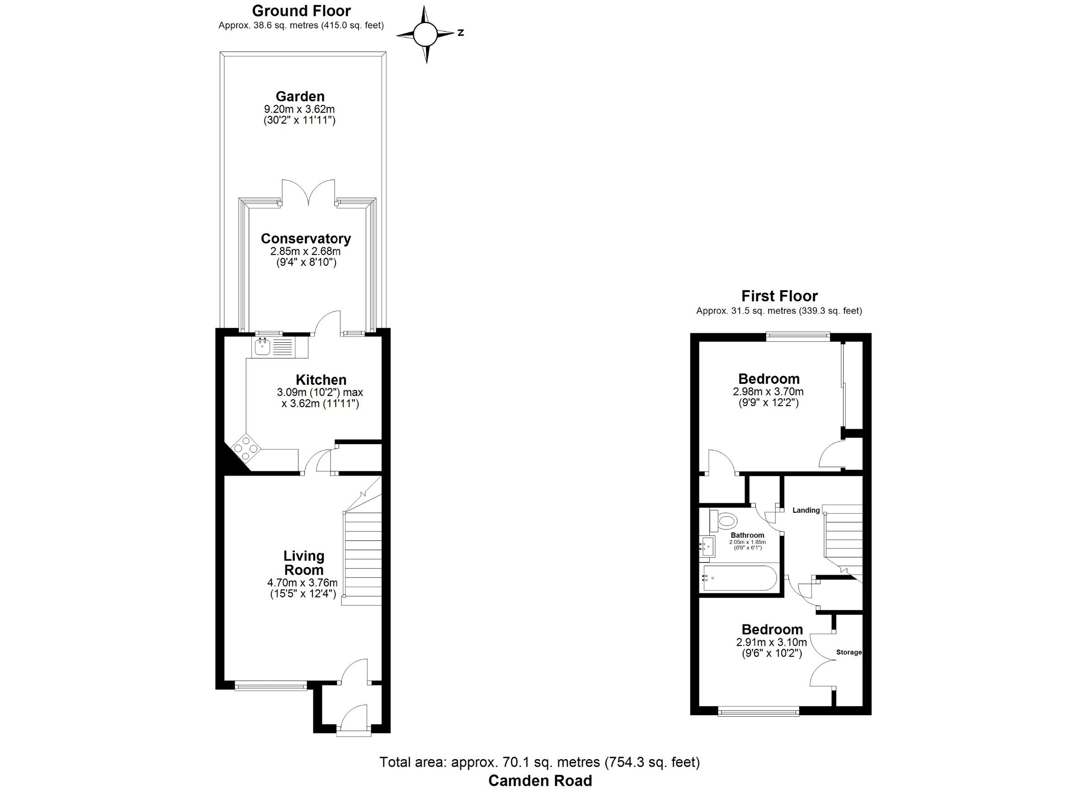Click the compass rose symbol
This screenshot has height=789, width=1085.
coord(425,34)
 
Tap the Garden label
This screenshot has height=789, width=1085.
coord(300,96)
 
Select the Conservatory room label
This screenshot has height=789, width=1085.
coord(306,238)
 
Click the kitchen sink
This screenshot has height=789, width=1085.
coord(273,346)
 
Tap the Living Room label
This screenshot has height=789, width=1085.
coord(304,562)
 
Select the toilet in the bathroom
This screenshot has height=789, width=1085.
coord(725,521)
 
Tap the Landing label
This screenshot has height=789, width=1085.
coord(806,510)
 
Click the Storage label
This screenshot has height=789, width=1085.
coord(849,652)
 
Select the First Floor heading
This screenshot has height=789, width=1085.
coord(779,296)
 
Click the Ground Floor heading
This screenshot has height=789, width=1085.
coord(302,10)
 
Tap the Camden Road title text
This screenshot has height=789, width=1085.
coord(540,780)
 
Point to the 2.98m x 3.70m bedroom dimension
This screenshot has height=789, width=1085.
coord(768,392)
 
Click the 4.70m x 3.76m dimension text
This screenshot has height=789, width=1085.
coord(302,583)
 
